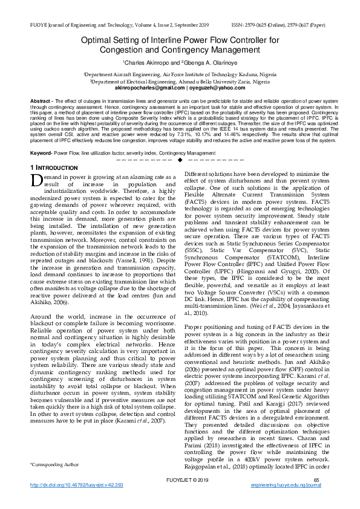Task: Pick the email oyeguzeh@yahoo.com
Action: pyautogui.click(x=211, y=88)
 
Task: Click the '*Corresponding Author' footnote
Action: pyautogui.click(x=54, y=481)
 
